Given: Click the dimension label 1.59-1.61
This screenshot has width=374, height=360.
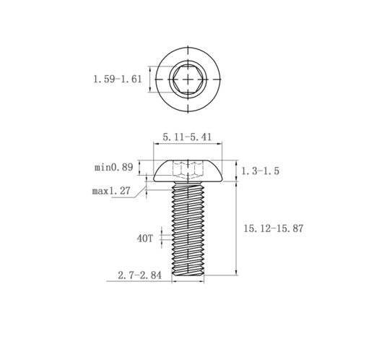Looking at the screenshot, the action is (x=118, y=79).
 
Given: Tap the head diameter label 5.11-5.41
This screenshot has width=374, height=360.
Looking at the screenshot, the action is (x=187, y=137).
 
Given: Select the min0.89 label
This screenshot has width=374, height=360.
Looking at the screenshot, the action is (x=113, y=167).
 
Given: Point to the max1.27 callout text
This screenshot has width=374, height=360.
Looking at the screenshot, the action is (x=111, y=191).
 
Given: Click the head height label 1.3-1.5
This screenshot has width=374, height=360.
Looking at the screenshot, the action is (x=260, y=171).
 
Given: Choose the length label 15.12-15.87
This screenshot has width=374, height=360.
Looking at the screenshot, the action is (x=274, y=228).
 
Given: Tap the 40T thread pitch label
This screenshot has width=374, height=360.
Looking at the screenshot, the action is (x=144, y=239).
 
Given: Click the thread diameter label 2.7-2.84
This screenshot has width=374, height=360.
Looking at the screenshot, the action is (x=139, y=275).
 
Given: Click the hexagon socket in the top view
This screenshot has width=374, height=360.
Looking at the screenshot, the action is (x=188, y=79).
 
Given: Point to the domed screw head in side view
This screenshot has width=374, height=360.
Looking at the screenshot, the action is (x=188, y=171).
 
